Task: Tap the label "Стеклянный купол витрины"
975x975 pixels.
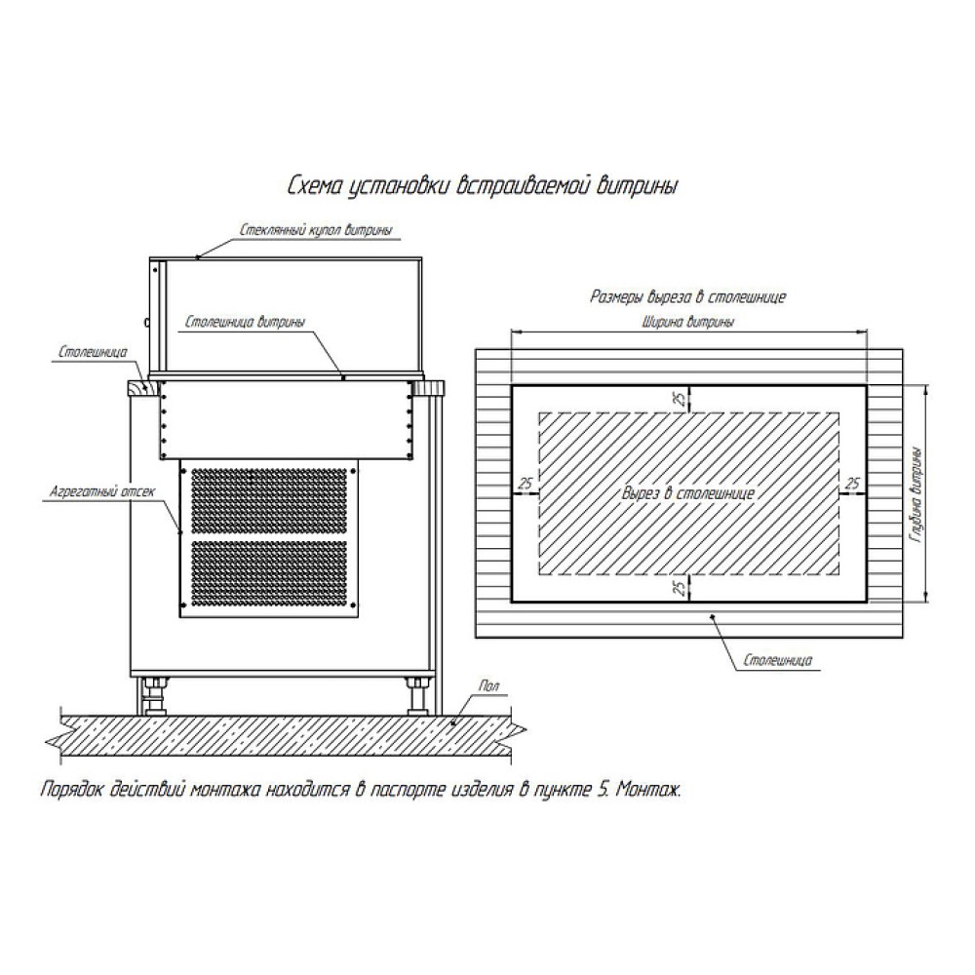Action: point(317,231)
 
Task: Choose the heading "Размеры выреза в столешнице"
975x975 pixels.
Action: point(688,295)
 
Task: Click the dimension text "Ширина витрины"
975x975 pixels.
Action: point(688,320)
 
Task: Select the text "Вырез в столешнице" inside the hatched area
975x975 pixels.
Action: point(689,494)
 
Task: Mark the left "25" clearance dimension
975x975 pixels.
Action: point(525,484)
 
